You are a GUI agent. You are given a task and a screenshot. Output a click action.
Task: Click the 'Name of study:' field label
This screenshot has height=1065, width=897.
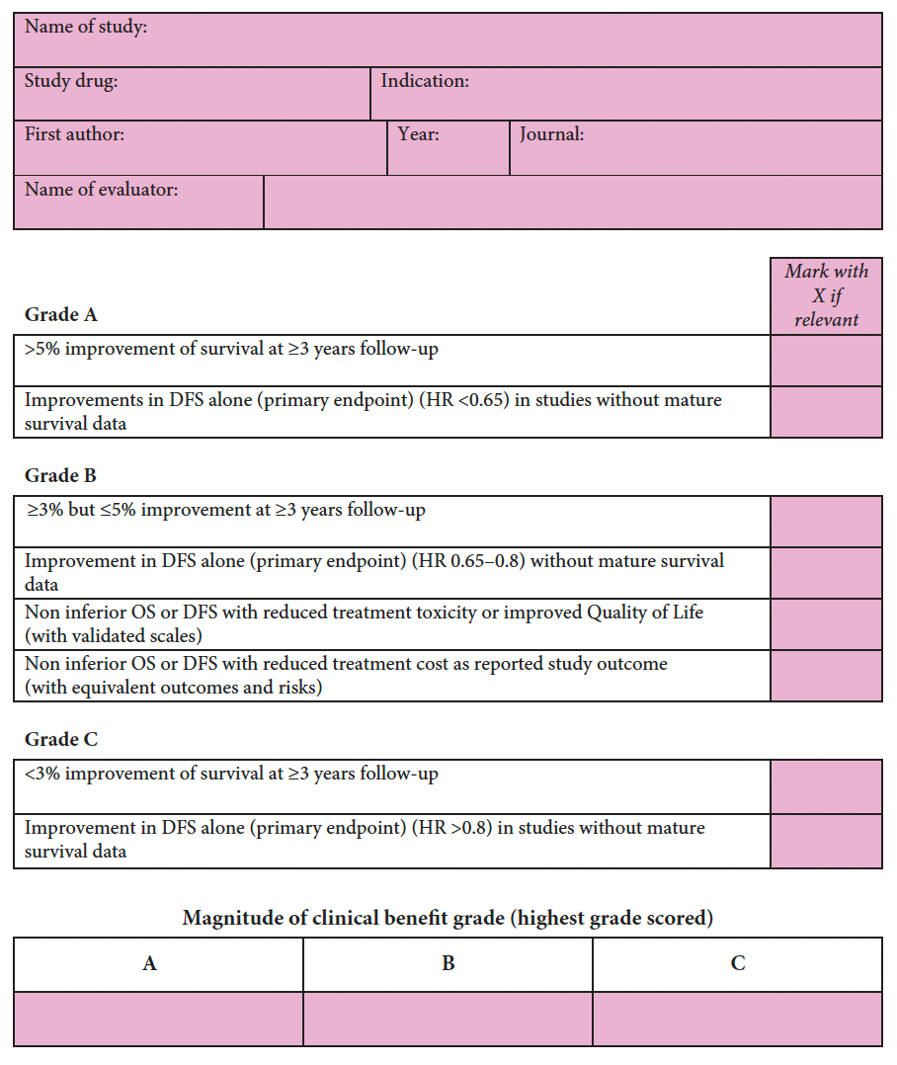click(x=85, y=28)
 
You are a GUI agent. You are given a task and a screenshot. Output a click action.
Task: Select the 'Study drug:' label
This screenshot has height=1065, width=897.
click(x=70, y=81)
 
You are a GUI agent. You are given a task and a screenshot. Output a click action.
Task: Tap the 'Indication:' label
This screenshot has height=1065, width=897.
click(x=425, y=81)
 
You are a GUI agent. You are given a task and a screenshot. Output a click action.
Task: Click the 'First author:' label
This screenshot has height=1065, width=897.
click(x=74, y=134)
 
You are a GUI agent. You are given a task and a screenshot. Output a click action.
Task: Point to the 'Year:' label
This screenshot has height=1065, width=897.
click(x=419, y=134)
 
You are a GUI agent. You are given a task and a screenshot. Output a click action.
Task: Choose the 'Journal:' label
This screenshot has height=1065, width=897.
click(x=552, y=134)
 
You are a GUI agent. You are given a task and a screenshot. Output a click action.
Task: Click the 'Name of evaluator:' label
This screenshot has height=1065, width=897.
click(x=101, y=189)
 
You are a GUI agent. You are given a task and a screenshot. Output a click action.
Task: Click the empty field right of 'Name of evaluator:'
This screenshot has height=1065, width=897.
click(x=572, y=203)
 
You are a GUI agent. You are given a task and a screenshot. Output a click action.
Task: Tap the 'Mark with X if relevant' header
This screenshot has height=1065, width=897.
click(x=826, y=295)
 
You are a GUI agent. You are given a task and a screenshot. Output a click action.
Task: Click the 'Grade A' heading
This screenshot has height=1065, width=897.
click(x=61, y=315)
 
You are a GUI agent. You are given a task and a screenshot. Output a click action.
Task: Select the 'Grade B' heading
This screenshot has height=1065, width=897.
click(x=60, y=476)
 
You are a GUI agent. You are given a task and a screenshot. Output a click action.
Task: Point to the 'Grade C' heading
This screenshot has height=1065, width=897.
click(x=61, y=740)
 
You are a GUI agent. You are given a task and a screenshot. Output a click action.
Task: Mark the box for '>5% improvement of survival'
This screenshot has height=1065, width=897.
click(x=826, y=361)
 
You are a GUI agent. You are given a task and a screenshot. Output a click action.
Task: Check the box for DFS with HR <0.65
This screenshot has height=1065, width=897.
click(x=826, y=412)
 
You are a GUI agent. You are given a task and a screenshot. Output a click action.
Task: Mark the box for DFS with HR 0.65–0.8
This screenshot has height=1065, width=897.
click(x=826, y=573)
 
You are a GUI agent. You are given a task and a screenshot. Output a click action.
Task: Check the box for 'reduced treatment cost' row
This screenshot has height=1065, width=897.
click(x=826, y=676)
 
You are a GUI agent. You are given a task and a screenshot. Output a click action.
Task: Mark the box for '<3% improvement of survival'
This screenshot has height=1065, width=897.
click(x=826, y=786)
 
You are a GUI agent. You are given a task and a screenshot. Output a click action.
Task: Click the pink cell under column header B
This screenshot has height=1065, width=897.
click(x=448, y=1019)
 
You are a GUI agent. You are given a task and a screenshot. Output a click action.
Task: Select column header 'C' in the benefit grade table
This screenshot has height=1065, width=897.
click(x=737, y=964)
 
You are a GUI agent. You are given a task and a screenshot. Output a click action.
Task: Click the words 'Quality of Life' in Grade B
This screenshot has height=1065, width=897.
click(x=645, y=613)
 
